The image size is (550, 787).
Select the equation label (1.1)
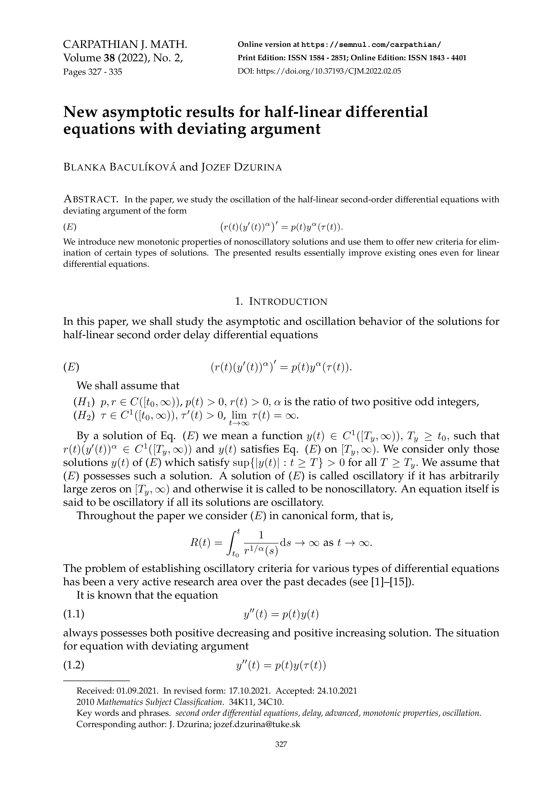[74, 614]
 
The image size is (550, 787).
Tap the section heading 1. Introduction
[281, 302]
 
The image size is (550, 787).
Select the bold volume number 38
[109, 58]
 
